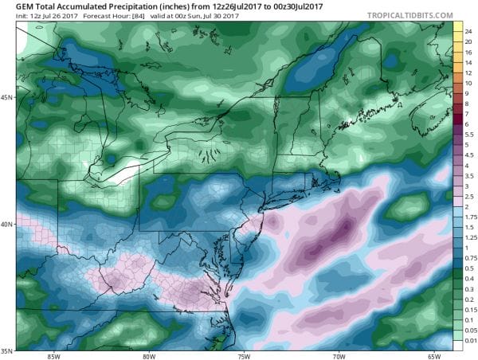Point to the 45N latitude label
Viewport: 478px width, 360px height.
point(6,98)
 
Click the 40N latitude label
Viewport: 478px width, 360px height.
point(6,224)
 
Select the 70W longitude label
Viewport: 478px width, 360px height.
point(339,355)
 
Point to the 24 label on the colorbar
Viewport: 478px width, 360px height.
point(468,29)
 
